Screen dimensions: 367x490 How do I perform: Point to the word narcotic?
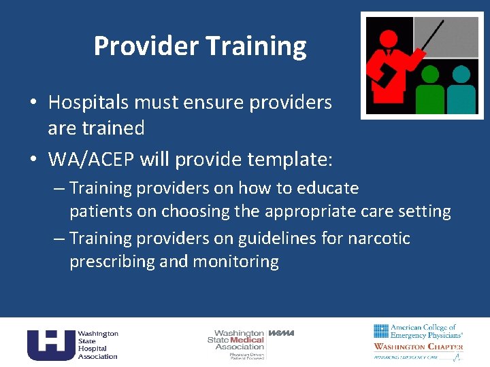pyautogui.click(x=379, y=239)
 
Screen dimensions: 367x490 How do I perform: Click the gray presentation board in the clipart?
pyautogui.click(x=455, y=37)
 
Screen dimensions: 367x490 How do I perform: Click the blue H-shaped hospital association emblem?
pyautogui.click(x=50, y=344)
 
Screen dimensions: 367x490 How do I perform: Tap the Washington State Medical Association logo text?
pyautogui.click(x=235, y=340)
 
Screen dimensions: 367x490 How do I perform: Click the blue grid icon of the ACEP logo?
pyautogui.click(x=380, y=331)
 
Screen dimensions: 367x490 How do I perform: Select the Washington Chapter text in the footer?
pyautogui.click(x=418, y=347)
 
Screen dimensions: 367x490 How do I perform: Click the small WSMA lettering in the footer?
pyautogui.click(x=281, y=333)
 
